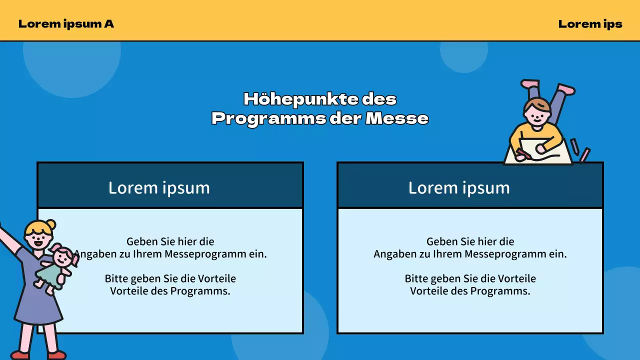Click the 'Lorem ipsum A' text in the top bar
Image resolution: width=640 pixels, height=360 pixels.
66,23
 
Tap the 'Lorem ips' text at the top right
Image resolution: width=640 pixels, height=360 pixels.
590,23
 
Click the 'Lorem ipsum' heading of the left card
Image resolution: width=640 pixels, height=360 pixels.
159,187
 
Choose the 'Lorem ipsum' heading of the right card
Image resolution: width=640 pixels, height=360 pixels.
459,187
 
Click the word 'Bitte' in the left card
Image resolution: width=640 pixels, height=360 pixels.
116,278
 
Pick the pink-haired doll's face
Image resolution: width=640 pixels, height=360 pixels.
63,258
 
